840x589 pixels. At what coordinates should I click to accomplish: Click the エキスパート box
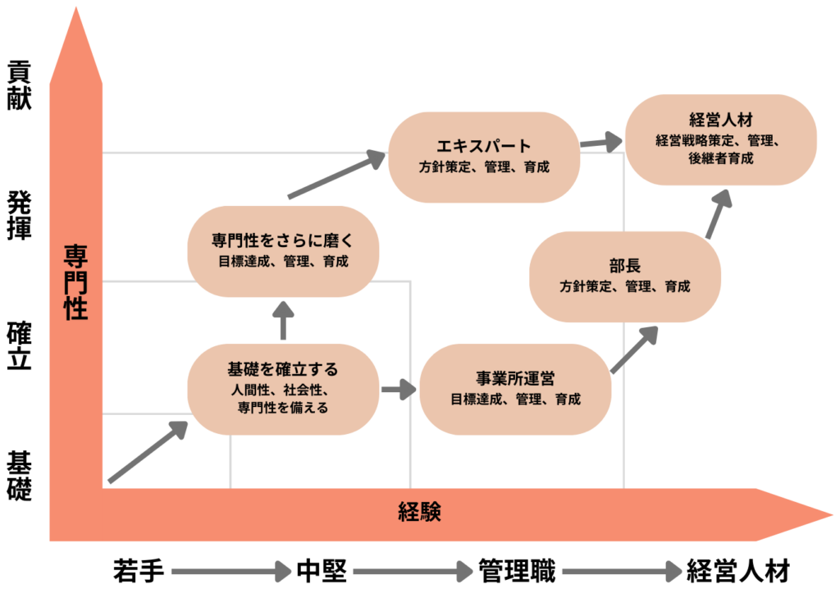click(x=484, y=156)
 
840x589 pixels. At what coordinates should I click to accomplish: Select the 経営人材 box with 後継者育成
click(x=721, y=139)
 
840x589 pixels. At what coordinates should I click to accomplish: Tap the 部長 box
click(x=625, y=276)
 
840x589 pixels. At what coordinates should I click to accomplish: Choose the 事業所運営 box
click(x=515, y=389)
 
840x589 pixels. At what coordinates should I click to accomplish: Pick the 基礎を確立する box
click(x=283, y=389)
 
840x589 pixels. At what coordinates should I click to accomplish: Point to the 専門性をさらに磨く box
click(x=283, y=251)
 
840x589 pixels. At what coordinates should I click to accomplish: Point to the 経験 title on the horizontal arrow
click(x=420, y=512)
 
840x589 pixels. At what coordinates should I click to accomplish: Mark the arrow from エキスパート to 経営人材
click(x=601, y=143)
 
